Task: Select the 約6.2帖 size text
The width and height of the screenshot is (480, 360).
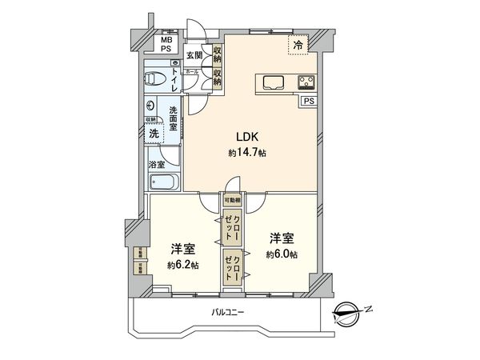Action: (x=183, y=265)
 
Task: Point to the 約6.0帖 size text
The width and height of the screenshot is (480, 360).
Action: (x=282, y=254)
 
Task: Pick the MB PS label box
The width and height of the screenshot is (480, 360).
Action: (x=166, y=44)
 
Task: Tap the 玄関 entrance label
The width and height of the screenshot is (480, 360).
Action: (x=194, y=55)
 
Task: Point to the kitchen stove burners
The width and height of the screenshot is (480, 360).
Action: (x=306, y=82)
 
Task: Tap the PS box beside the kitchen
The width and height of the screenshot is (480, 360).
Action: (x=309, y=101)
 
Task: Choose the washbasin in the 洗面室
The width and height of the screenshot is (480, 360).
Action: (x=152, y=105)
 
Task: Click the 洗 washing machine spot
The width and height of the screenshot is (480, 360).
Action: (x=154, y=134)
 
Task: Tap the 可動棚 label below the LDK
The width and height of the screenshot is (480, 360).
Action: (x=231, y=201)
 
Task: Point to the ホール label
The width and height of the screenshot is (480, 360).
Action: (x=192, y=72)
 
